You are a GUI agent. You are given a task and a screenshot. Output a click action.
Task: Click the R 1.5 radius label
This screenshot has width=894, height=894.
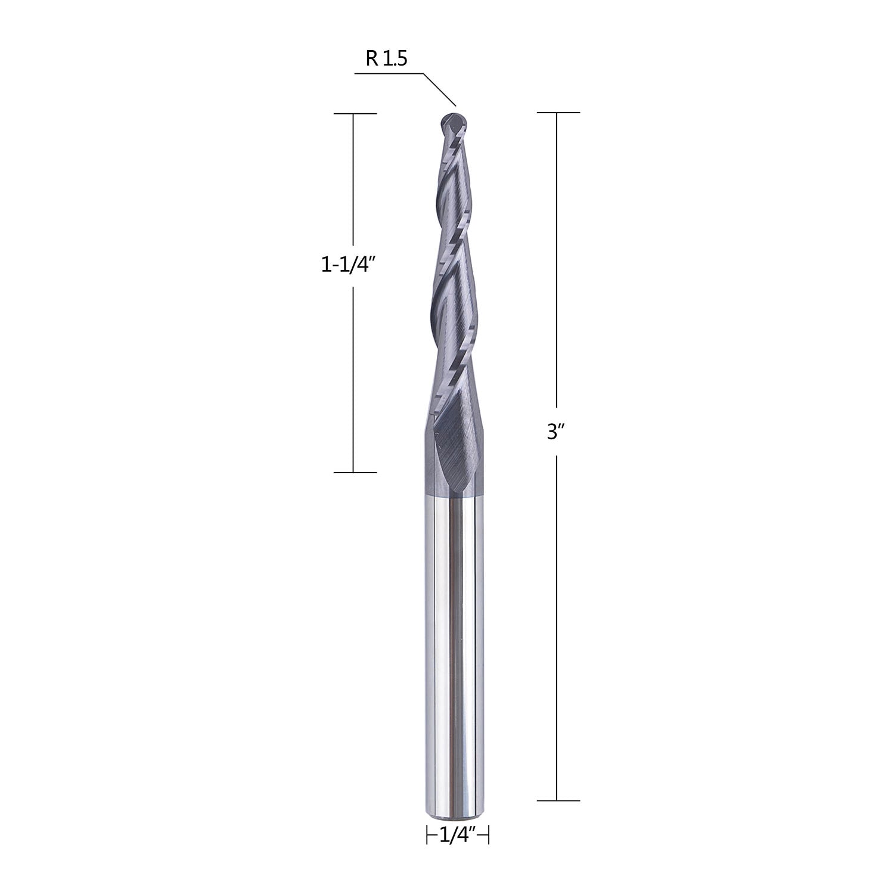(386, 58)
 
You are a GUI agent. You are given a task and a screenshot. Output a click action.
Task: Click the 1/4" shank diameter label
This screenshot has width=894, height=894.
(458, 836)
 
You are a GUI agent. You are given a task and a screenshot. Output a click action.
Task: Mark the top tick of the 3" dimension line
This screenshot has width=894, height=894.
(558, 112)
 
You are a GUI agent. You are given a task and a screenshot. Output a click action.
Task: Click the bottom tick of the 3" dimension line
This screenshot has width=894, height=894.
(558, 800)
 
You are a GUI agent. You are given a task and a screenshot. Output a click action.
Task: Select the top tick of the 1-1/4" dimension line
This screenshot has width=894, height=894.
(355, 113)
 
